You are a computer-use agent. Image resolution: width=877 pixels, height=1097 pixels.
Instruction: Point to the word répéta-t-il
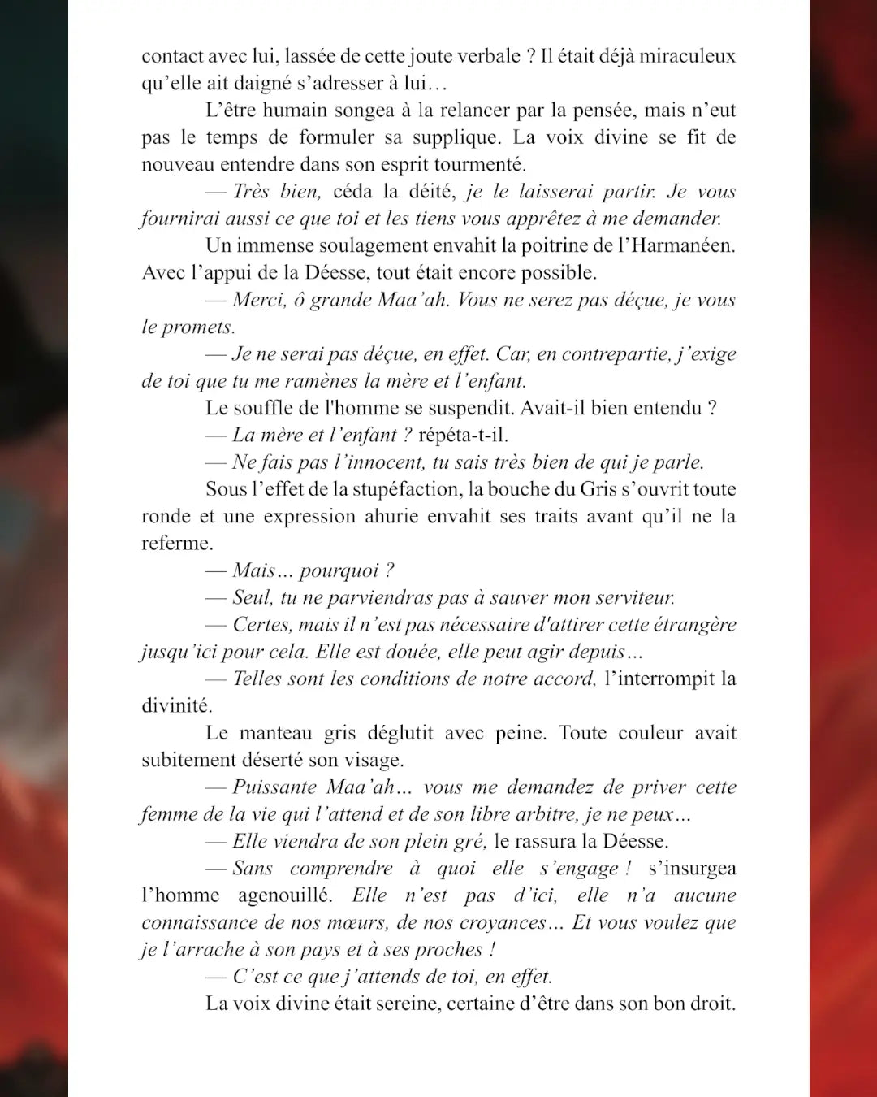point(463,436)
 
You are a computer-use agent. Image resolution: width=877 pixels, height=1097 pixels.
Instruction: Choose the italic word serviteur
point(634,598)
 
